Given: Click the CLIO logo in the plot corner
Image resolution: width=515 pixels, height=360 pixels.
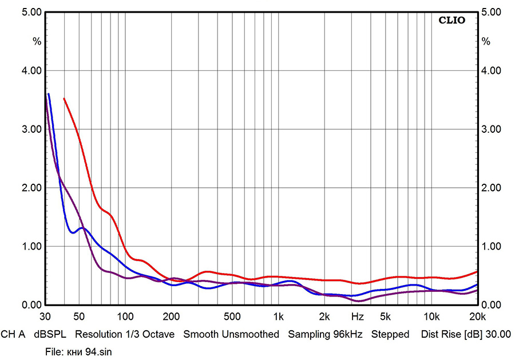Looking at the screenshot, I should click(x=452, y=21).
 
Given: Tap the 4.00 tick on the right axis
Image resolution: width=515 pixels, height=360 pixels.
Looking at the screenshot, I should click(x=492, y=71).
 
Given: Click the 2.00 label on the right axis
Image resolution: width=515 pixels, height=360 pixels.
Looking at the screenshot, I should click(x=492, y=188).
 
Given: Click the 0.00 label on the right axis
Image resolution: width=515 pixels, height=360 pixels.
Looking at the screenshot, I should click(x=492, y=305).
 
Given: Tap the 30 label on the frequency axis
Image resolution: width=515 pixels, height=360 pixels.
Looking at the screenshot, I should click(x=46, y=317).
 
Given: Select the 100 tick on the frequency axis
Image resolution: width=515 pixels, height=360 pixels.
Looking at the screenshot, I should click(x=125, y=317).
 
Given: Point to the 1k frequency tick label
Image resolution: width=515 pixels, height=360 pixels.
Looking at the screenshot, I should click(x=278, y=317).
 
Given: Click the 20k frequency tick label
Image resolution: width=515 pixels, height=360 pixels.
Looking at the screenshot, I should click(x=476, y=317).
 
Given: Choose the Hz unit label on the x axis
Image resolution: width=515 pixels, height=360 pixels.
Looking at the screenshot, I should click(x=358, y=317).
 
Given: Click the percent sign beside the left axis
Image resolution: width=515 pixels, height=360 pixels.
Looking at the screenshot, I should click(x=37, y=41).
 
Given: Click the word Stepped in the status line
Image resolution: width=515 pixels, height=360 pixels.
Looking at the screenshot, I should click(x=390, y=334).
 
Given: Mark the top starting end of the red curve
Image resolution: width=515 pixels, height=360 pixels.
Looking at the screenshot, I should click(x=64, y=98).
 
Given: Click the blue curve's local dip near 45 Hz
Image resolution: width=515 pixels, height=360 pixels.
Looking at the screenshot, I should click(x=72, y=232).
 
